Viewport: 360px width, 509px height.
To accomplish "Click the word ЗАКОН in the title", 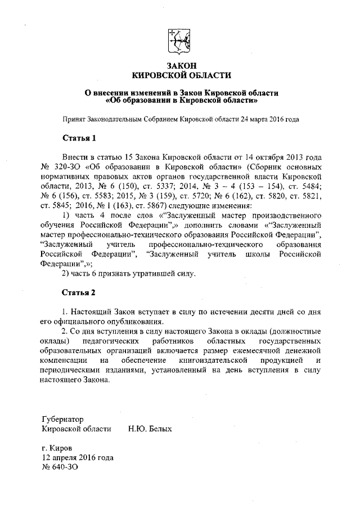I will tap(181, 66).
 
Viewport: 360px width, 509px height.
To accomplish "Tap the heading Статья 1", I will tap(79, 138).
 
